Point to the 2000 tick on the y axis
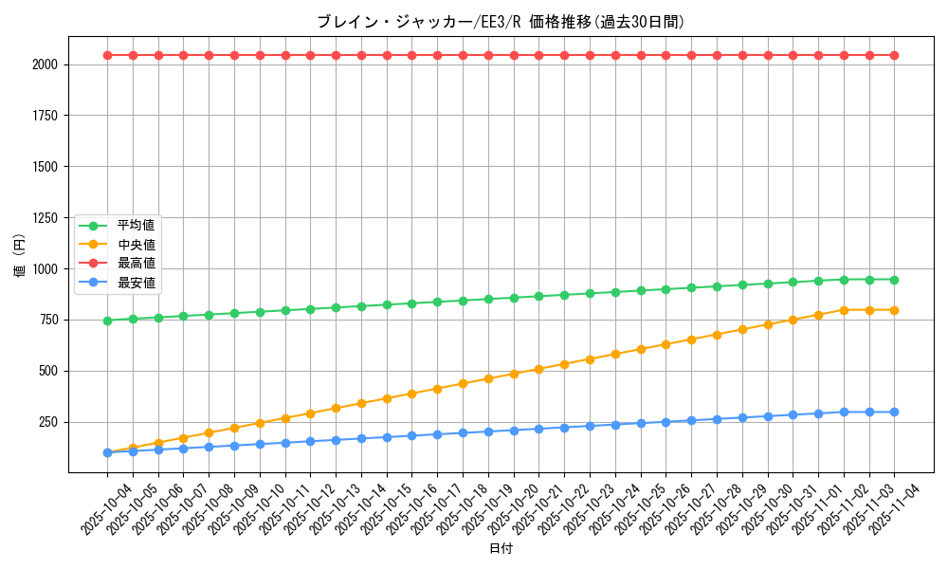(x=45, y=64)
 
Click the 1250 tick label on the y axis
(x=45, y=218)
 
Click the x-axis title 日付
(x=500, y=549)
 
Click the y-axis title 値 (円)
(x=20, y=256)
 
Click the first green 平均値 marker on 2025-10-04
(x=107, y=321)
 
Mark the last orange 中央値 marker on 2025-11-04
(x=894, y=310)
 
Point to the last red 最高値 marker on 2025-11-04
(x=894, y=55)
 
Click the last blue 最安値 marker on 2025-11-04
(x=894, y=412)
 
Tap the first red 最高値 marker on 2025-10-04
(x=107, y=55)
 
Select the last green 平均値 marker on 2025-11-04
(x=894, y=280)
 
